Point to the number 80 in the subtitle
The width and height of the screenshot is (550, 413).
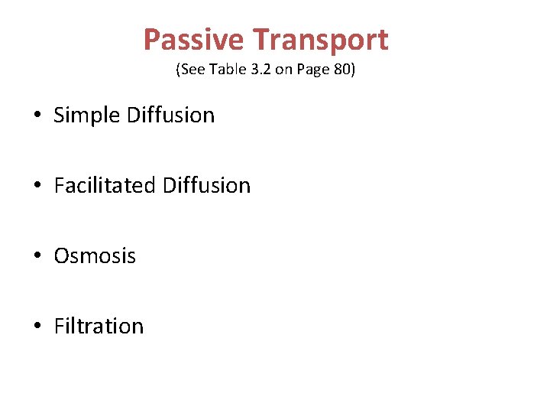point(341,70)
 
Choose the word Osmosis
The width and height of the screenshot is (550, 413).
point(95,256)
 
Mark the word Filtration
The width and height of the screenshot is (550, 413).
point(99,327)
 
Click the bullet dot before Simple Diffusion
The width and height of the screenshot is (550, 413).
point(37,116)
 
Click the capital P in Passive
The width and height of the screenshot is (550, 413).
point(152,40)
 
